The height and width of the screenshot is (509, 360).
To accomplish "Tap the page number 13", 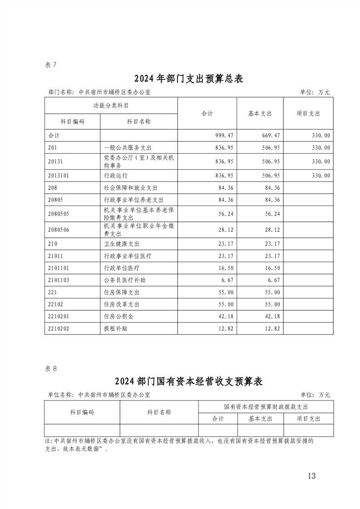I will coord(311,476).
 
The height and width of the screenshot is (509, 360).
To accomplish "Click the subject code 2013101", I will coord(59,175).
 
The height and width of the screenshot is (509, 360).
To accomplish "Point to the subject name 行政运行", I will coord(116,175).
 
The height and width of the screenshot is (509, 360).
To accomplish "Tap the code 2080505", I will coord(59,214).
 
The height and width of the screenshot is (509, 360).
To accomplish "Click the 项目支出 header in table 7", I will coord(308,113).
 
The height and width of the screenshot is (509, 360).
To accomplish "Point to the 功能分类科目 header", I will coord(111,105).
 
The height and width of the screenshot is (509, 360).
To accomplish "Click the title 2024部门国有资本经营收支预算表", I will coord(189,382).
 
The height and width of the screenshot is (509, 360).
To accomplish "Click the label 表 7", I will coord(50,65).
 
